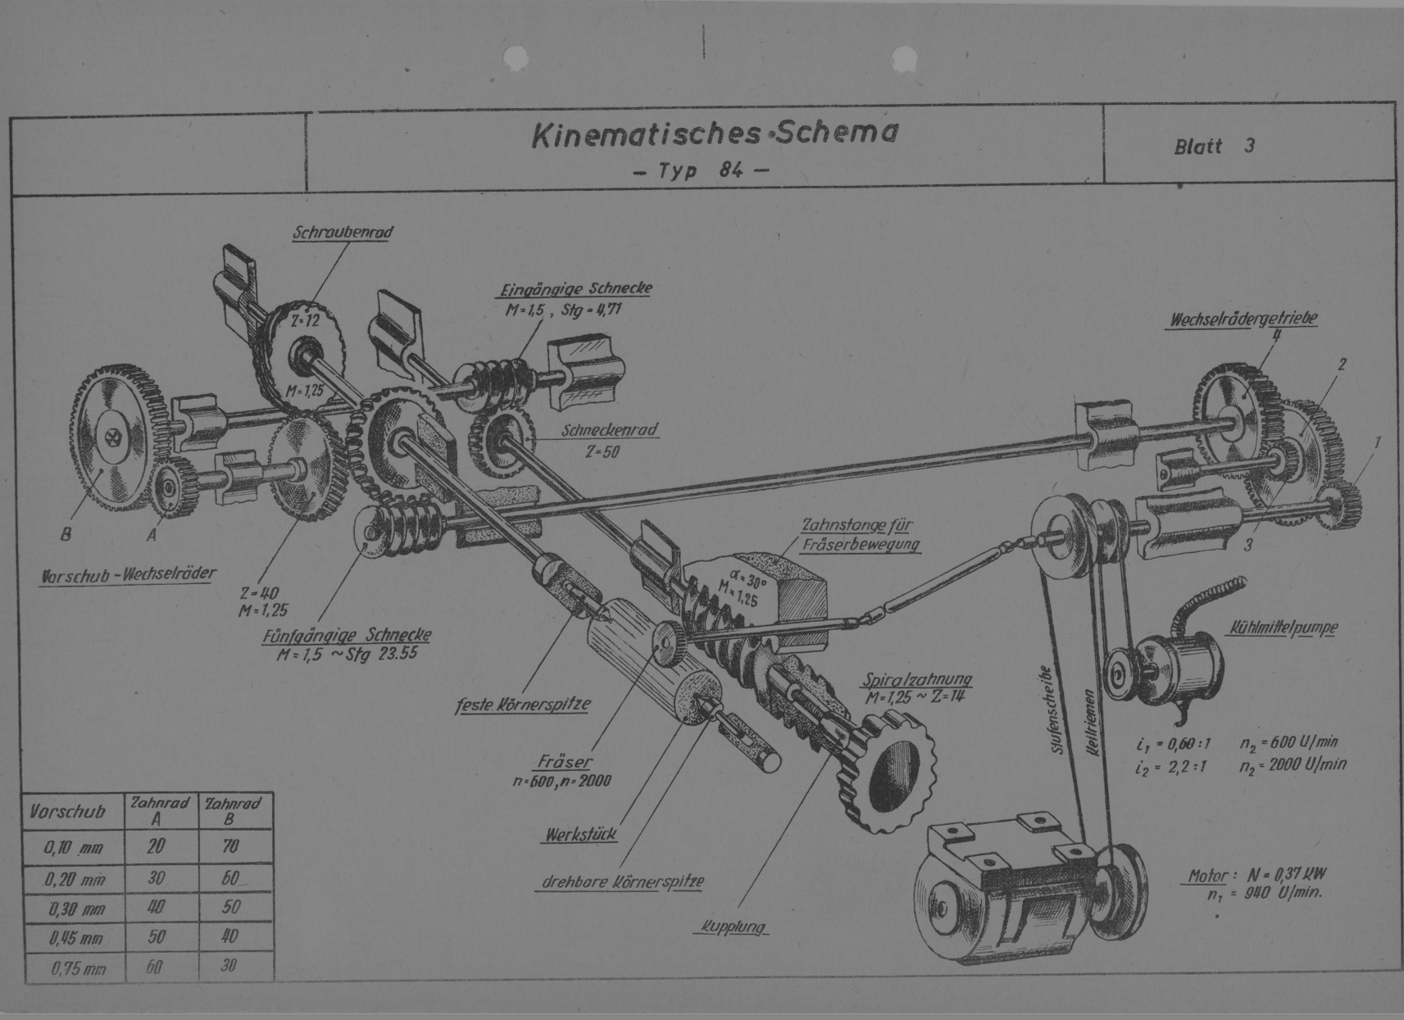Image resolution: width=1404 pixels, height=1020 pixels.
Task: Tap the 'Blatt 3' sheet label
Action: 1214,147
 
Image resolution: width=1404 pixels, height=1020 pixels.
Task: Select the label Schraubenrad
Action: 343,233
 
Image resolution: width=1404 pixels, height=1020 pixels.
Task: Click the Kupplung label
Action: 733,927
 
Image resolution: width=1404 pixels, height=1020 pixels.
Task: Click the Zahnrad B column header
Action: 234,810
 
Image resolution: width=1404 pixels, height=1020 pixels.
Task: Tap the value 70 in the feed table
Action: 230,846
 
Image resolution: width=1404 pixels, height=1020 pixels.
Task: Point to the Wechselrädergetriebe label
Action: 1243,320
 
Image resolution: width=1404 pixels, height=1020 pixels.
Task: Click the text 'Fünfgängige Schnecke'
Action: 347,635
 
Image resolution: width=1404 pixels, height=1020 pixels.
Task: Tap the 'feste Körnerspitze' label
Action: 522,704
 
